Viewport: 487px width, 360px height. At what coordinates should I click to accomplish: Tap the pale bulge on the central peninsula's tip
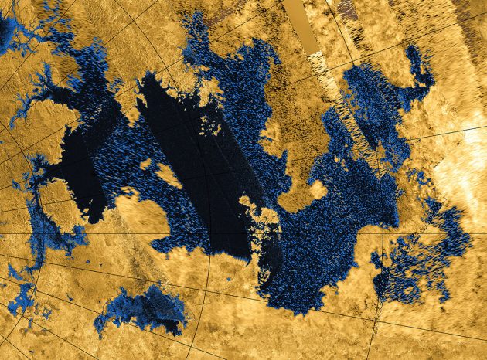point(315,188)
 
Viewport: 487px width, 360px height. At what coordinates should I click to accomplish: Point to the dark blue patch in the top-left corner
point(8,31)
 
